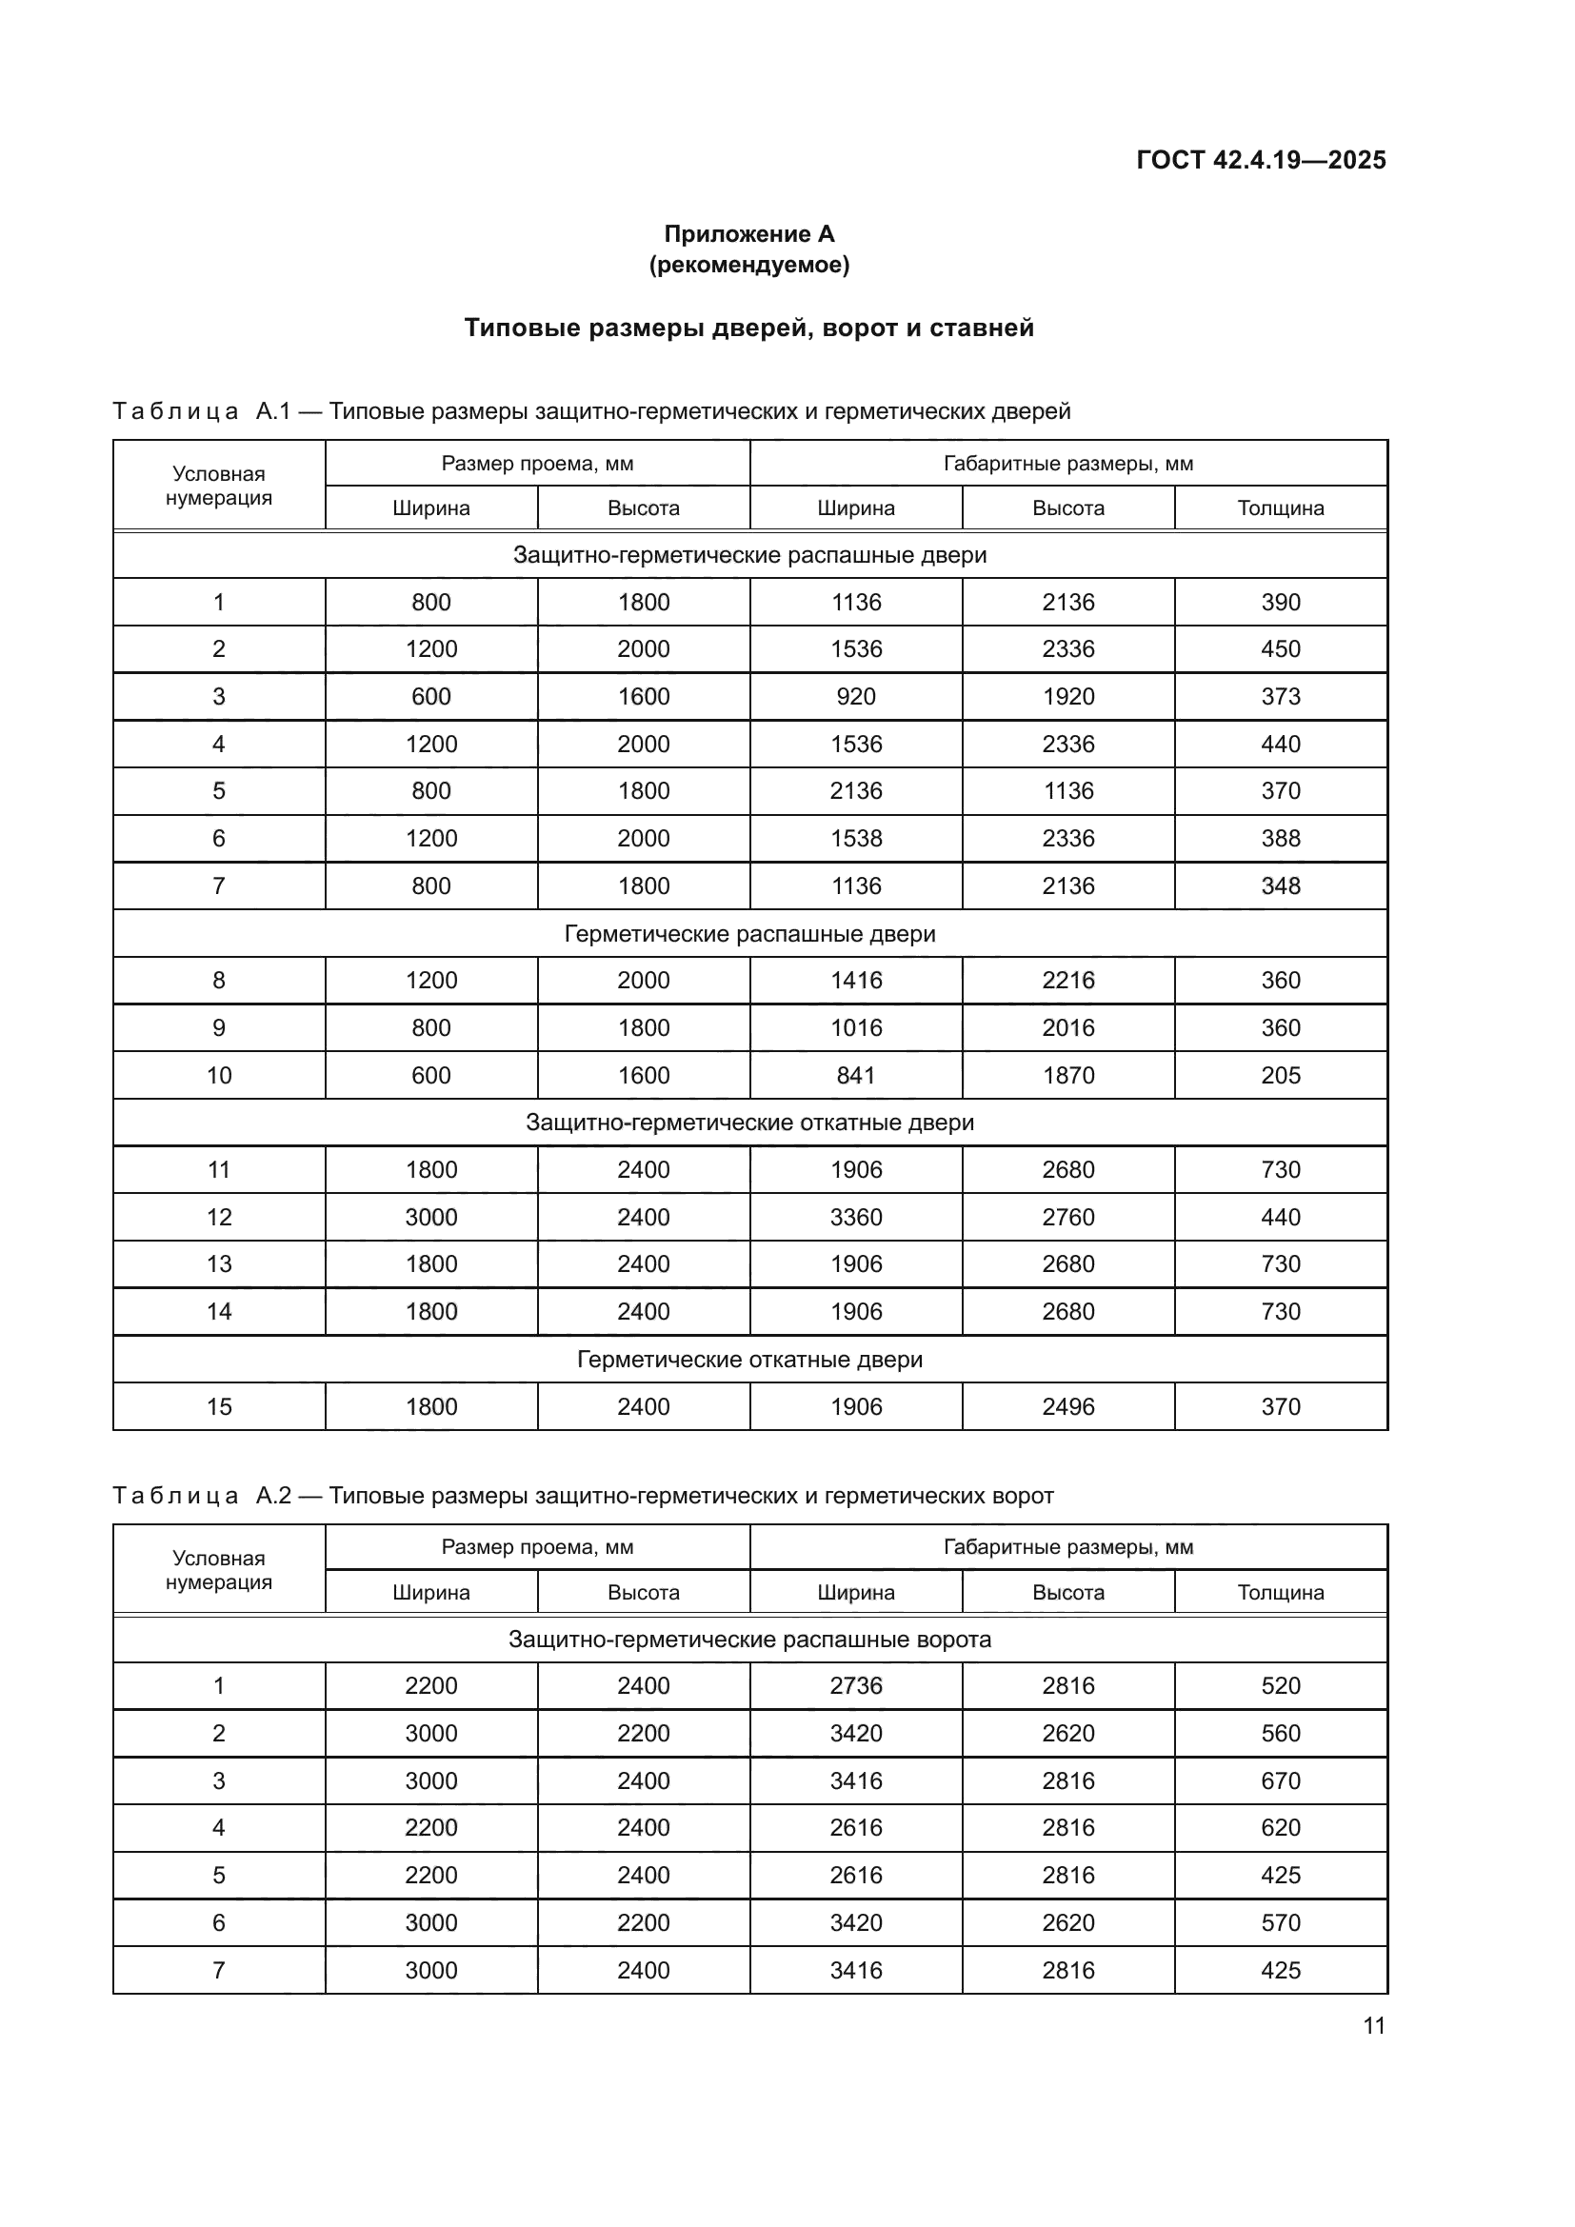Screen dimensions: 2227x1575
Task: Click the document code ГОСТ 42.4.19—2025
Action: click(x=1261, y=160)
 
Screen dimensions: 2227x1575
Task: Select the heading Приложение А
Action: click(x=748, y=234)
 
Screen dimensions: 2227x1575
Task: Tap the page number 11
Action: click(x=1373, y=2025)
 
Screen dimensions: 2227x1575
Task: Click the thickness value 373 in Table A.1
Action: click(x=1280, y=696)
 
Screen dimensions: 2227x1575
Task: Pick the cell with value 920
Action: click(x=855, y=696)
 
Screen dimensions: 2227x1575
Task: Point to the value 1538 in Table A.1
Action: click(x=855, y=838)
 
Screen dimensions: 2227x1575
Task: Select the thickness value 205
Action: click(x=1280, y=1075)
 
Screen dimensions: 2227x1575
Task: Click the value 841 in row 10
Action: click(x=855, y=1075)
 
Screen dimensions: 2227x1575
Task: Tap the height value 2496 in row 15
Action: click(x=1067, y=1406)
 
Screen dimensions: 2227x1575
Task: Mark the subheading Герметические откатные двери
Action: click(x=748, y=1359)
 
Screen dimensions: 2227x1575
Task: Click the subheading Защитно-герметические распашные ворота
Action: click(x=748, y=1640)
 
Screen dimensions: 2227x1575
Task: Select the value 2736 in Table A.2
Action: click(x=855, y=1686)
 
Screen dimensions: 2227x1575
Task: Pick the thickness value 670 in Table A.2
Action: click(x=1280, y=1780)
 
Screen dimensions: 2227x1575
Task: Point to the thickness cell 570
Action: click(x=1280, y=1922)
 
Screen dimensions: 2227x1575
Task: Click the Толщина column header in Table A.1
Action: click(x=1280, y=508)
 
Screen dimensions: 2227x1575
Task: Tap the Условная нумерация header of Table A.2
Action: click(x=218, y=1570)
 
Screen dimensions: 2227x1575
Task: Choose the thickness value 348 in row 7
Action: click(x=1280, y=885)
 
